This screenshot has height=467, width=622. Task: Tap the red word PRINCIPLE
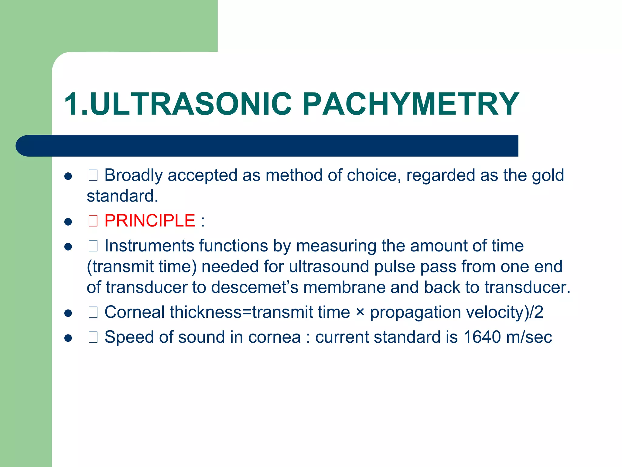point(149,221)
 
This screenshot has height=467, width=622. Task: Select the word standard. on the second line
point(122,196)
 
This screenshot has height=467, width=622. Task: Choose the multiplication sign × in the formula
point(360,312)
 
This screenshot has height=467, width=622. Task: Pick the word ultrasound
point(328,267)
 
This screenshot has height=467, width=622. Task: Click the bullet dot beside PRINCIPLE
point(68,222)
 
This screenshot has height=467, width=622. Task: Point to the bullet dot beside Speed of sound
point(68,338)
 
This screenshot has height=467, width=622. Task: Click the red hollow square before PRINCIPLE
point(93,221)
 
